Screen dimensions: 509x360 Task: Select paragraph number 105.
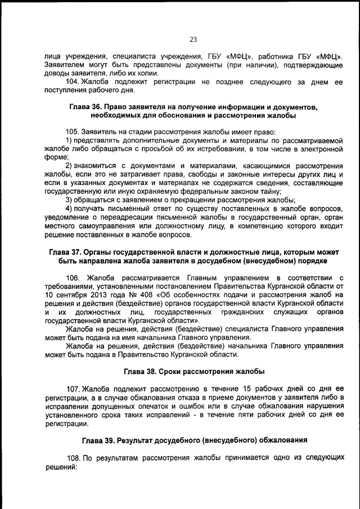click(x=73, y=131)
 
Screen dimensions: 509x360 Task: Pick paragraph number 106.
click(x=74, y=277)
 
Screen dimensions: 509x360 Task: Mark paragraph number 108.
click(x=73, y=458)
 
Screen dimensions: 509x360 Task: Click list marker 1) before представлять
click(x=69, y=140)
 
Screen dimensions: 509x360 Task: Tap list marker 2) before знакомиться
click(x=69, y=166)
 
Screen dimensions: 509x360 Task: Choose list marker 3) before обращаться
click(x=69, y=200)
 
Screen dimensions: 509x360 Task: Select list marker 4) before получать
click(x=69, y=209)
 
